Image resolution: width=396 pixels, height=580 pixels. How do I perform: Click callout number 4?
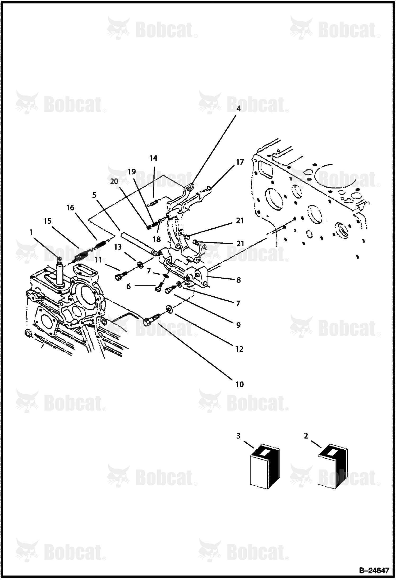[x=238, y=109]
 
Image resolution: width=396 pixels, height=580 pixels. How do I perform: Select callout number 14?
[x=153, y=158]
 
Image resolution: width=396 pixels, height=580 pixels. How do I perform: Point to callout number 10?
[x=240, y=384]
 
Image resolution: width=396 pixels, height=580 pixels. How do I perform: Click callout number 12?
[x=239, y=349]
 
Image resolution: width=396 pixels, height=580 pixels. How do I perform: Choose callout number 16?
[x=70, y=208]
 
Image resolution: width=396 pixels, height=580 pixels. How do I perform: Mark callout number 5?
[x=94, y=195]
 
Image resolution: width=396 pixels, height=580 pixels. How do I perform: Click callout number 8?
[x=238, y=280]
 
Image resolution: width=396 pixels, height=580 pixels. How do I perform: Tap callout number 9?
[x=238, y=325]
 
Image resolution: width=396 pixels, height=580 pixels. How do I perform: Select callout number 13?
[x=118, y=247]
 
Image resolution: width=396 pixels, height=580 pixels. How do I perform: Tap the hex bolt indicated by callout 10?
[x=152, y=319]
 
